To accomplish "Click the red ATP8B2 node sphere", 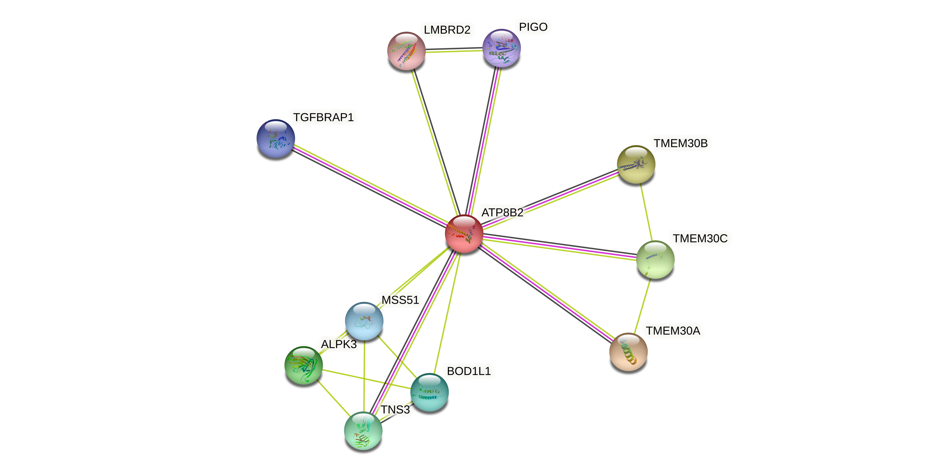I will [x=464, y=234].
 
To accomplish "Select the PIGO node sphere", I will [x=501, y=48].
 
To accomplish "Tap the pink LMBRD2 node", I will [x=406, y=51].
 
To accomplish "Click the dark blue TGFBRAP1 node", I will [x=276, y=138].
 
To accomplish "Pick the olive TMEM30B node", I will [x=636, y=164].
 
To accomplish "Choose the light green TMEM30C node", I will [x=655, y=259].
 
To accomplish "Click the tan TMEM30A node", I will [x=628, y=352].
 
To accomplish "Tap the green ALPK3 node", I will [x=303, y=365].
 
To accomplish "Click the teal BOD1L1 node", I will [x=429, y=392].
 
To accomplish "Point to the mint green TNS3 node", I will [x=363, y=431].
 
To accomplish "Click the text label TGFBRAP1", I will [x=323, y=117].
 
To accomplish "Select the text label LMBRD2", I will [x=447, y=30].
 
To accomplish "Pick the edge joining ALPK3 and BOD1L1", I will [x=366, y=379].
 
